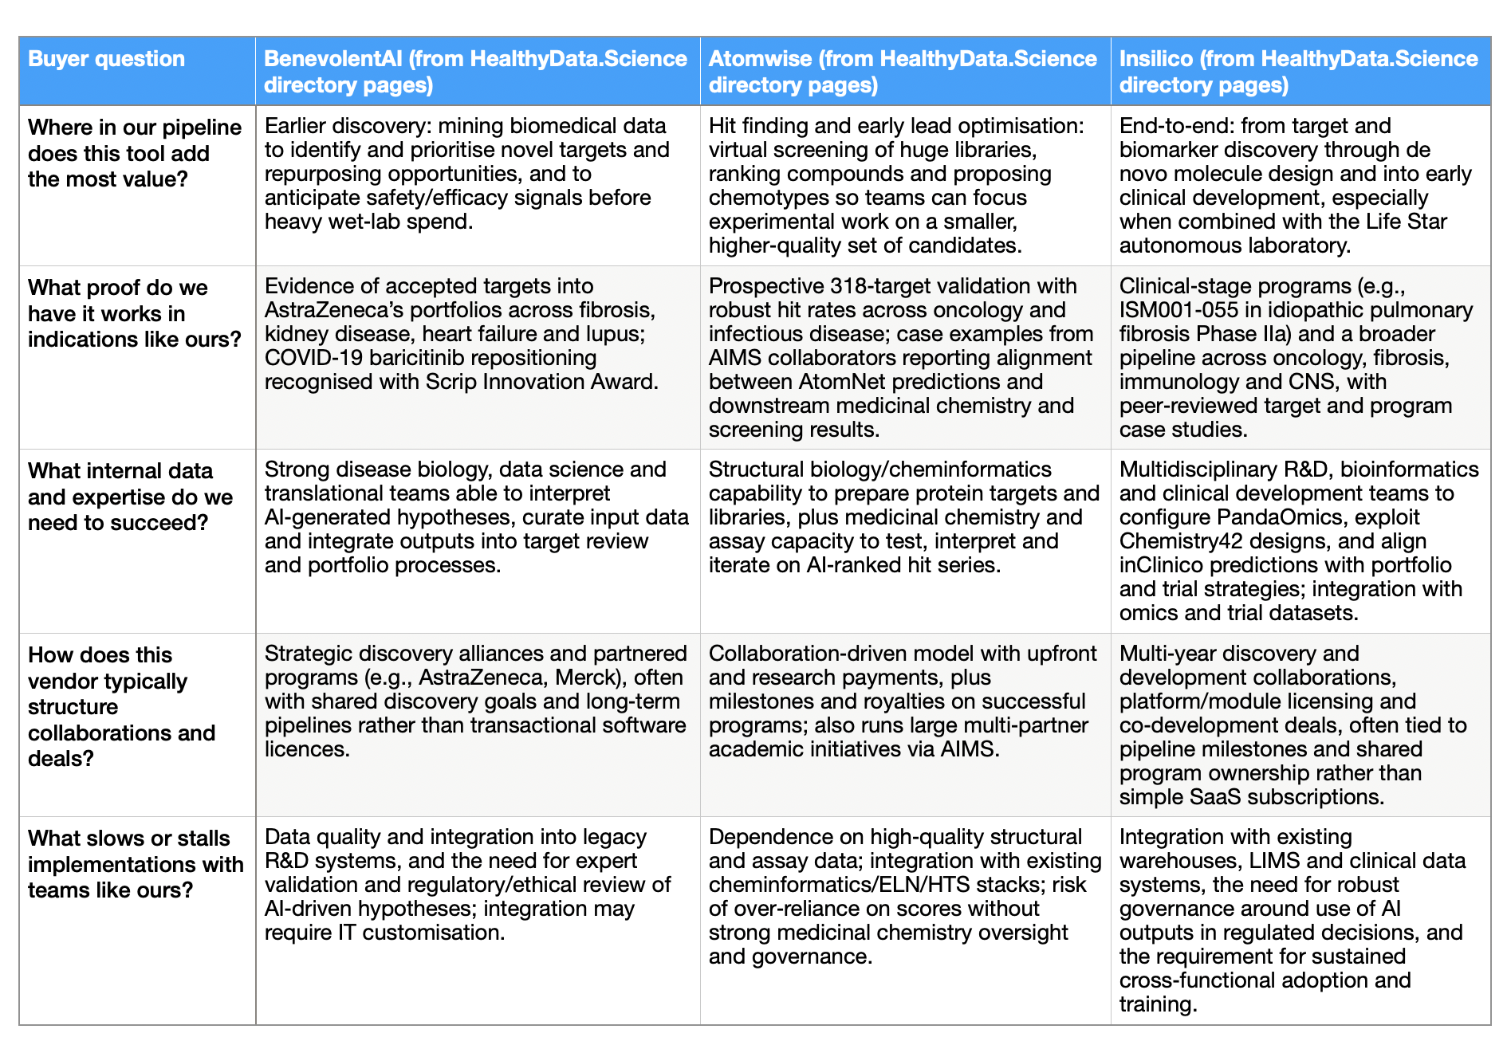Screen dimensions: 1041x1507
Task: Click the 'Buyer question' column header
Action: (x=106, y=59)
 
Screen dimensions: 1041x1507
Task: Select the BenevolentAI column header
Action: (x=475, y=71)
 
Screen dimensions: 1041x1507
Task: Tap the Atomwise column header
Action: (x=903, y=71)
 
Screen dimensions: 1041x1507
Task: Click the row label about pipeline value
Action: (x=134, y=153)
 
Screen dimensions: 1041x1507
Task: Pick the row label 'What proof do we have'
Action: (x=134, y=313)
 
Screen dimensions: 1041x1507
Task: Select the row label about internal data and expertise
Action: (x=130, y=497)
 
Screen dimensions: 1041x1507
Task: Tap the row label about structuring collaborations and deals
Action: (x=121, y=706)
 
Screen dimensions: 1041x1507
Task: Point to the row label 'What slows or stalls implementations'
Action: (x=136, y=864)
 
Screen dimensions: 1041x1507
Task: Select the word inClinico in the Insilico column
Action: (x=1165, y=565)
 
